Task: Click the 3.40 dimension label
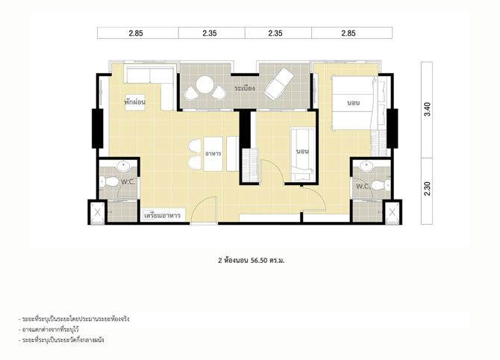pos(428,109)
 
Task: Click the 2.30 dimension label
pos(428,188)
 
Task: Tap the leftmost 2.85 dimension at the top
pos(136,33)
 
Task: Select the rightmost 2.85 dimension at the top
pos(349,33)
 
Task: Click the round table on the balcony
pos(204,85)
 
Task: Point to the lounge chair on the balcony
pos(279,84)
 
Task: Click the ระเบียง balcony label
pos(245,88)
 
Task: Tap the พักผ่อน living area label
pos(135,102)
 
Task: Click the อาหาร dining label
pos(213,154)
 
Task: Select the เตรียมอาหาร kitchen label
pos(162,215)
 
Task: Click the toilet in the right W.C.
pos(381,184)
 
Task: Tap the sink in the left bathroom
pos(123,166)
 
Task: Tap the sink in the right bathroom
pos(366,165)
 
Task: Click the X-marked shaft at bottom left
pos(98,212)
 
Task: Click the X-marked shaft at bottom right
pos(393,212)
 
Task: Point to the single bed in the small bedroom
pos(302,155)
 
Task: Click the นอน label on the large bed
pos(353,103)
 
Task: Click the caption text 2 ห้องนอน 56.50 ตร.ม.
pos(251,261)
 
